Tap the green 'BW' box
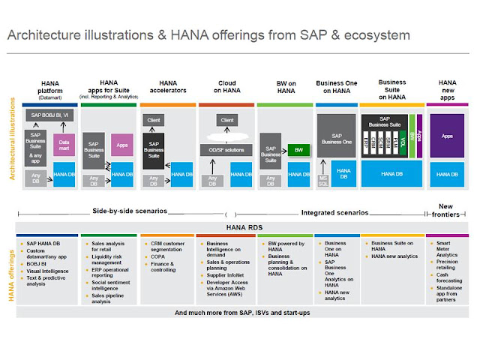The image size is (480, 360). tap(298, 149)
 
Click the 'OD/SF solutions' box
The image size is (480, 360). tap(226, 150)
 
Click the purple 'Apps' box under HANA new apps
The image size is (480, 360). tap(447, 136)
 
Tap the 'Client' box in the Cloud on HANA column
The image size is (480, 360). tap(226, 119)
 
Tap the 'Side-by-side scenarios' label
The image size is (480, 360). tap(130, 211)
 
